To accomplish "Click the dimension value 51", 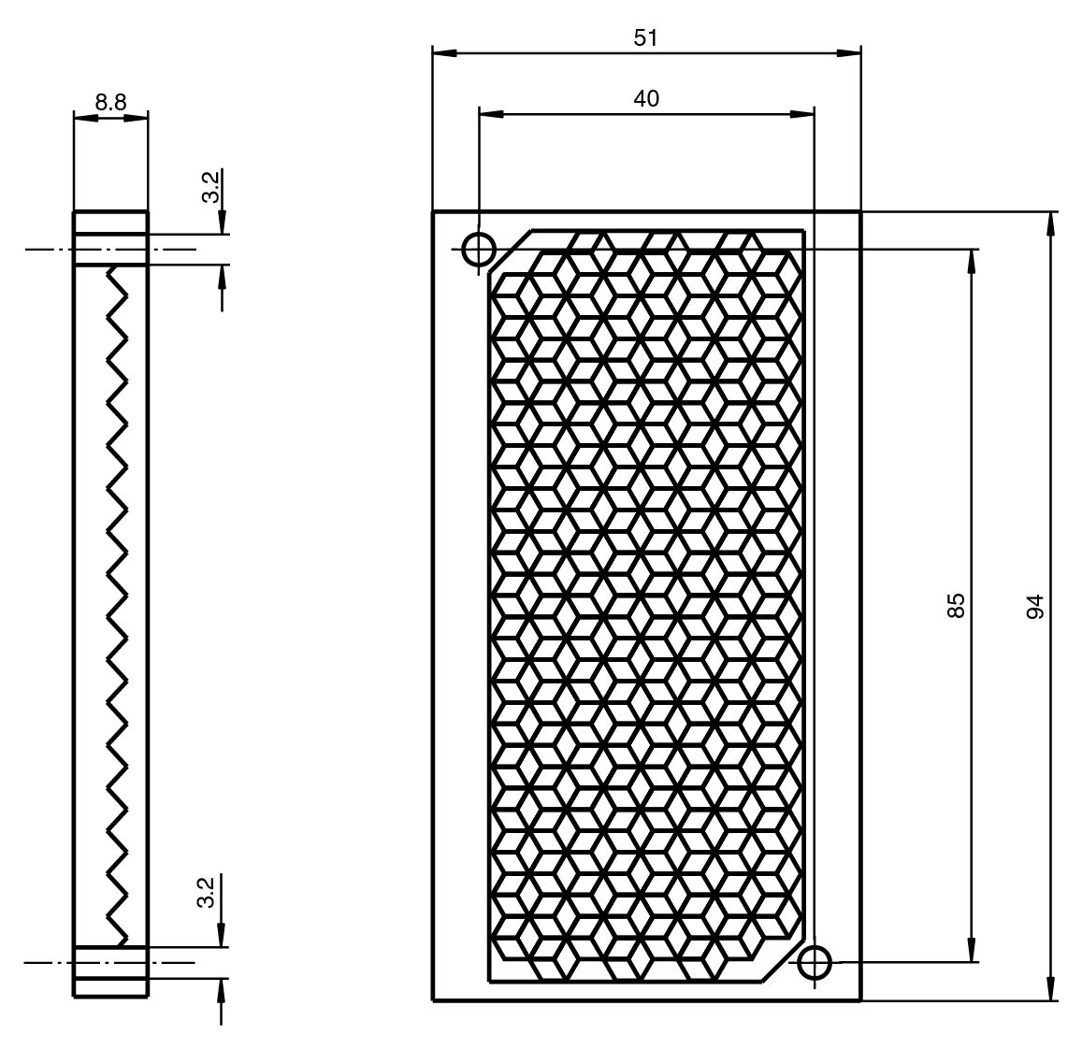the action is pyautogui.click(x=646, y=38).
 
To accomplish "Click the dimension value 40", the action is pyautogui.click(x=646, y=98).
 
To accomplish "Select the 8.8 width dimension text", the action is pyautogui.click(x=110, y=103).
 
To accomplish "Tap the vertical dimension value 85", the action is pyautogui.click(x=956, y=605).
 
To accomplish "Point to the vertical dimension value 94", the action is pyautogui.click(x=1036, y=606).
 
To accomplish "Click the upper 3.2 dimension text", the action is pyautogui.click(x=211, y=186).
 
